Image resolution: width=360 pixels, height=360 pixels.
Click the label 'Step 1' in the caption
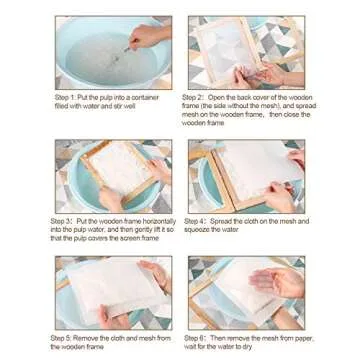[x=62, y=96]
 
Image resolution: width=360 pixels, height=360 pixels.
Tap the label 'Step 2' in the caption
[x=194, y=96]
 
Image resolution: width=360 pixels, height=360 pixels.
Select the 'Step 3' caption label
[x=62, y=220]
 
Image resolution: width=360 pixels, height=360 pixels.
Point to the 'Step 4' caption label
[x=194, y=220]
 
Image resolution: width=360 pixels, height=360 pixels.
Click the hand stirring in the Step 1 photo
[x=148, y=35]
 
